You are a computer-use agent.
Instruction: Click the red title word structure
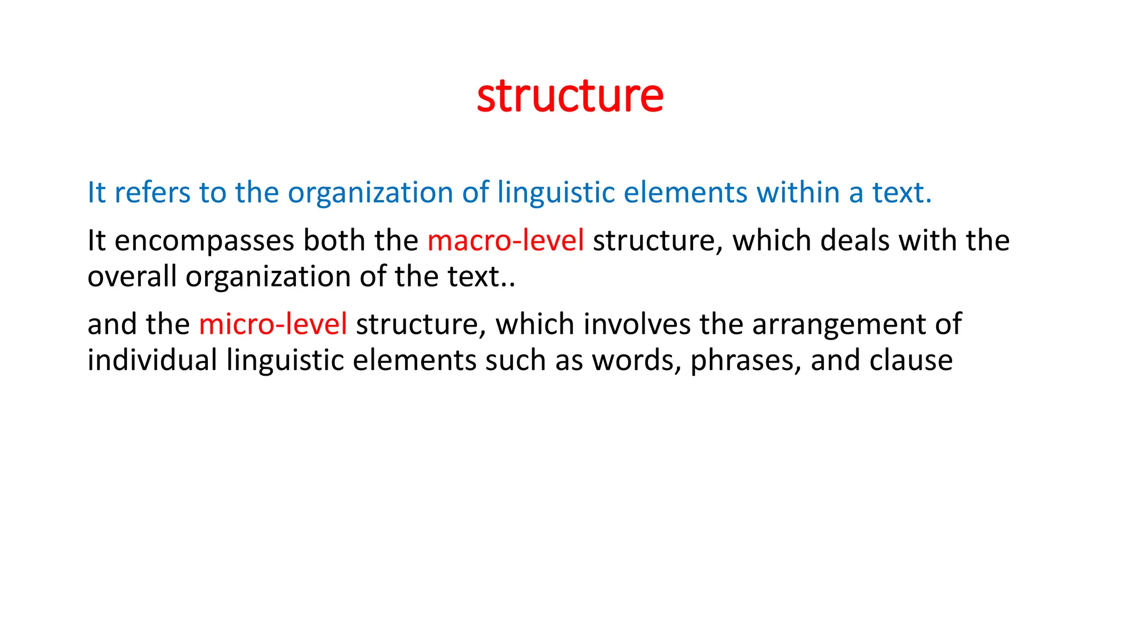click(570, 96)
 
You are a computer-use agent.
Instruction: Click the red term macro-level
click(505, 241)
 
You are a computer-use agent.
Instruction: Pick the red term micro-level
click(273, 324)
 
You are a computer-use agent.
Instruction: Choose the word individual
click(152, 360)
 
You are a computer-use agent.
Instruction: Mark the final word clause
click(911, 360)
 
